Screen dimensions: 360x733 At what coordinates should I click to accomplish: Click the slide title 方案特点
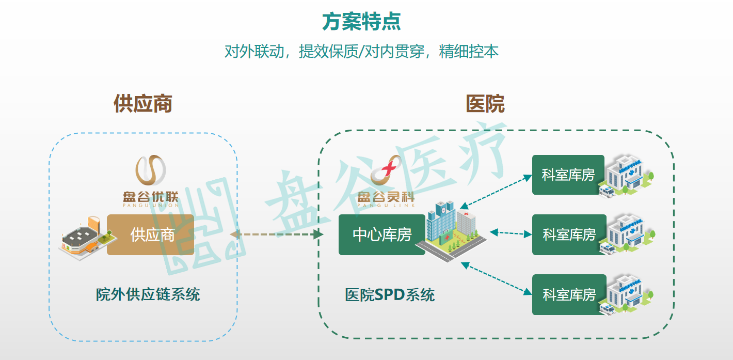[x=361, y=22]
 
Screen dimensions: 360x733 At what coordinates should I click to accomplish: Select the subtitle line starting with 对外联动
[x=361, y=52]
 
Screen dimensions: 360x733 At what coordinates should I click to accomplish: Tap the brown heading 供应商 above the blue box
[x=142, y=104]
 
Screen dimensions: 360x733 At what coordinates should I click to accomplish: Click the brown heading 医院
[x=485, y=104]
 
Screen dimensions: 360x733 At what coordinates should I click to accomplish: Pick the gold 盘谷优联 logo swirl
[x=150, y=170]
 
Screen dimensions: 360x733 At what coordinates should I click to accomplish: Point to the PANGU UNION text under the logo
[x=150, y=205]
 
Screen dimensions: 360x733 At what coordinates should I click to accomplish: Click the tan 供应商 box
[x=151, y=235]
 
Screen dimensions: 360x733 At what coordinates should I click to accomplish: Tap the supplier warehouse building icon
[x=83, y=238]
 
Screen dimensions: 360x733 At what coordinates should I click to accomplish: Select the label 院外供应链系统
[x=148, y=294]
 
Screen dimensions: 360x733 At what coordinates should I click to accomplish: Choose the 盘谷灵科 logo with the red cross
[x=386, y=173]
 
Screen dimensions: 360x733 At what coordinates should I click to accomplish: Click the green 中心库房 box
[x=382, y=235]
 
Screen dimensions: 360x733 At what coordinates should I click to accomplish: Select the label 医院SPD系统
[x=390, y=295]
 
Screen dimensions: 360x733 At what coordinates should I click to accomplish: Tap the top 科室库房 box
[x=568, y=175]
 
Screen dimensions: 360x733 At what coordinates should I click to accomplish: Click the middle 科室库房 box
[x=569, y=235]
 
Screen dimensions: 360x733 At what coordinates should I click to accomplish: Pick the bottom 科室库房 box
[x=569, y=295]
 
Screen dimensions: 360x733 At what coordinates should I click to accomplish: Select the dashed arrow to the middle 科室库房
[x=510, y=233]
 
